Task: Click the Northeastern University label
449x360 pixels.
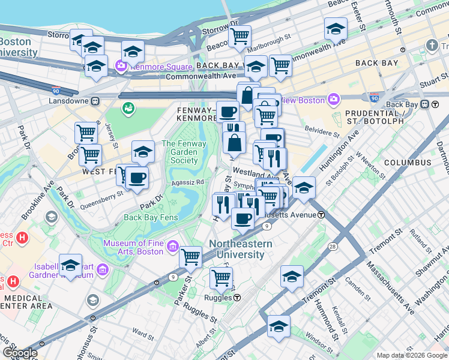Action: (x=240, y=249)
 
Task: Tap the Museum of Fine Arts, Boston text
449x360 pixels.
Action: (x=133, y=247)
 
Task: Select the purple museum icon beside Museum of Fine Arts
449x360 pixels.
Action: (x=173, y=246)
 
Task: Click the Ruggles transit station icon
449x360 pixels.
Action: (x=238, y=298)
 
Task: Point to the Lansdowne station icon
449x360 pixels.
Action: (x=95, y=101)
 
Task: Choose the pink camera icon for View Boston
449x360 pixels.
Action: (x=333, y=99)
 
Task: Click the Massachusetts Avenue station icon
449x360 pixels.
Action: (x=321, y=215)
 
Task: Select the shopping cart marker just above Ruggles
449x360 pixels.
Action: (x=221, y=277)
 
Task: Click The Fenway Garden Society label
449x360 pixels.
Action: (x=184, y=152)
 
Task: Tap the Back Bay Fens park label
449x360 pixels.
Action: (x=151, y=217)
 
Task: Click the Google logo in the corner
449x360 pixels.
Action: (x=19, y=353)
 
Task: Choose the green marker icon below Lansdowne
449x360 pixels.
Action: (x=128, y=108)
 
